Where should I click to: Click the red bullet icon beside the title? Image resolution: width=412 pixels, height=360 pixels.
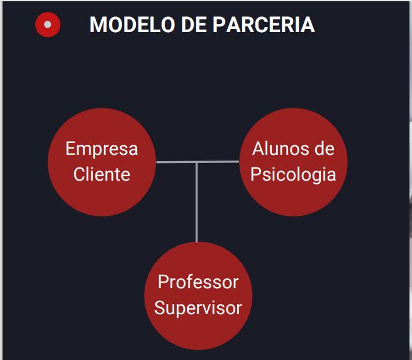click(x=48, y=25)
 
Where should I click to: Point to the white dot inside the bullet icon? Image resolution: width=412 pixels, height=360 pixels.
click(x=48, y=25)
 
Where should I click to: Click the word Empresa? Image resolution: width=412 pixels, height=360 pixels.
click(x=101, y=149)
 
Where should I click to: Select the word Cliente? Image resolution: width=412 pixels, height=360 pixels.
click(x=101, y=174)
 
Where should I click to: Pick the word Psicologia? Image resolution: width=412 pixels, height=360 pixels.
click(x=293, y=174)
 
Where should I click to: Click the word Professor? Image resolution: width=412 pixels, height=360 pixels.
click(x=198, y=282)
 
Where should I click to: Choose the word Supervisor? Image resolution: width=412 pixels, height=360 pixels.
click(x=198, y=308)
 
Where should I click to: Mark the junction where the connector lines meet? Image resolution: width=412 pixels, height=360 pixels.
click(x=197, y=162)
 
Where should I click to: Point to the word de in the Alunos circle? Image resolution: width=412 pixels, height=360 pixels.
click(x=324, y=149)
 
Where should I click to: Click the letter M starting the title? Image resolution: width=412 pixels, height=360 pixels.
click(x=98, y=25)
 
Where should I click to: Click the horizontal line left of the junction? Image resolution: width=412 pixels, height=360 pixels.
click(x=175, y=162)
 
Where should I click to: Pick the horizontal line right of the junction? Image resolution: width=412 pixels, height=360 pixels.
click(x=218, y=162)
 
